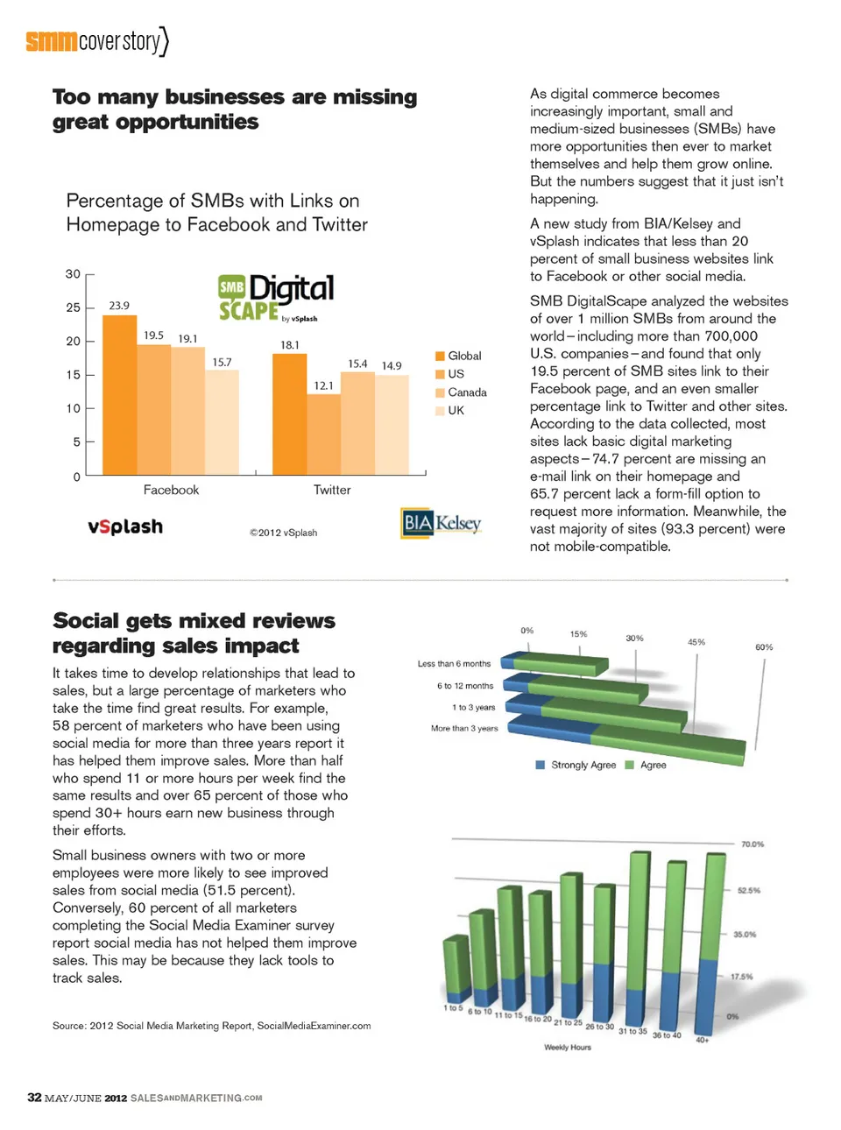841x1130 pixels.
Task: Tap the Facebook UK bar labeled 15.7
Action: coord(222,421)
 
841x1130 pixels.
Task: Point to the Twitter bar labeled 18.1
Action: coord(289,413)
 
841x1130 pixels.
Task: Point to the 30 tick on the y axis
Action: coord(73,274)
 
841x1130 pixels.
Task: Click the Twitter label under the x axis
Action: coord(332,491)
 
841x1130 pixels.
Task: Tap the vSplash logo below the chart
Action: coord(125,526)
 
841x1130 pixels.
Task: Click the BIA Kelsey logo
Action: coord(442,523)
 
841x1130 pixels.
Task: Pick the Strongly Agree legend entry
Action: coord(576,765)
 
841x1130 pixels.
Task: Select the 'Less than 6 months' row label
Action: coord(454,664)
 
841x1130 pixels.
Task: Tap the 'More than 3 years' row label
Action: coord(464,728)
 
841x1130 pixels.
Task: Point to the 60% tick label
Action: coord(764,647)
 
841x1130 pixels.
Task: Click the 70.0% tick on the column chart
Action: coord(753,844)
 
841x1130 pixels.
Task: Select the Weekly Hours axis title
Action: coord(568,1047)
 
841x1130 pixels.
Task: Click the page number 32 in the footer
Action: coord(34,1098)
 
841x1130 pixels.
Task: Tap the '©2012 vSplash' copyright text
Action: coord(283,533)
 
